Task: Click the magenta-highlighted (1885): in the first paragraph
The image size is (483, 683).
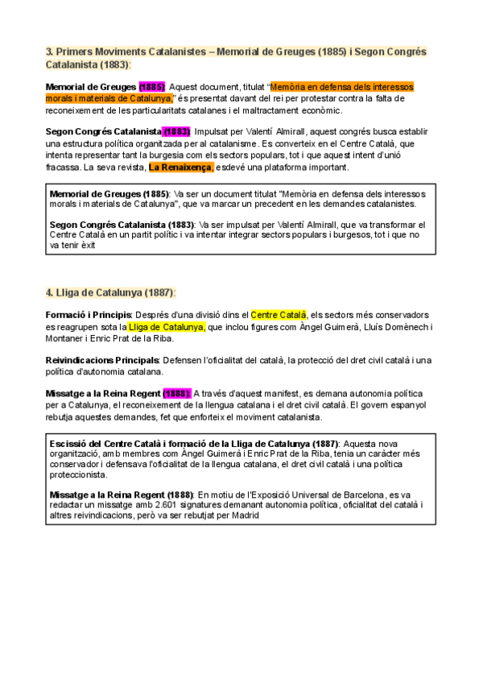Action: point(152,86)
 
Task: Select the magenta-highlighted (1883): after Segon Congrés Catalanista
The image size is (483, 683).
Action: point(176,131)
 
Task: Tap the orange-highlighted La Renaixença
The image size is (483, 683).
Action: point(181,168)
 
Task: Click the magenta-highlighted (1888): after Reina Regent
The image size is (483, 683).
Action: point(176,393)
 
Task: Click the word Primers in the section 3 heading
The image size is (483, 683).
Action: point(77,52)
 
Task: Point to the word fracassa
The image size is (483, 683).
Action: point(62,168)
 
